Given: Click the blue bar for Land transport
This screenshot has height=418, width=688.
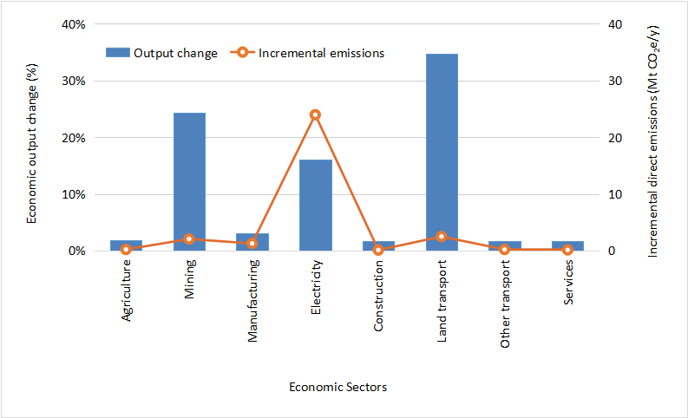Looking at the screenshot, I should (442, 152).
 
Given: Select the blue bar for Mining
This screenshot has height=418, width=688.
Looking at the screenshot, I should (189, 181).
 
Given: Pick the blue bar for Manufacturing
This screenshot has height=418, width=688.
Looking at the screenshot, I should (252, 242).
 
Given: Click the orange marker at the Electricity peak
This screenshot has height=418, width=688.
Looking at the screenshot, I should (316, 114).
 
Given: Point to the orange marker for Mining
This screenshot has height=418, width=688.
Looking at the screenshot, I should (189, 238).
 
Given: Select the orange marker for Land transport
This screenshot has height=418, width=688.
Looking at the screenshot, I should (442, 236).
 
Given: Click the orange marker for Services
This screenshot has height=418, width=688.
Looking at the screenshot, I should (567, 249).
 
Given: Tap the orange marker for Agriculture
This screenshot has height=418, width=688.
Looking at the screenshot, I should (127, 249).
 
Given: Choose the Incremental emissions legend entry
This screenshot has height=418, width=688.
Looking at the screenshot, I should (308, 53).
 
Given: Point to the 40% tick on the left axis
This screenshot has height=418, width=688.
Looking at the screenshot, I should (72, 24).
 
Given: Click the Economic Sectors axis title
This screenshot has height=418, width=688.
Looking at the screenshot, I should (338, 387).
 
